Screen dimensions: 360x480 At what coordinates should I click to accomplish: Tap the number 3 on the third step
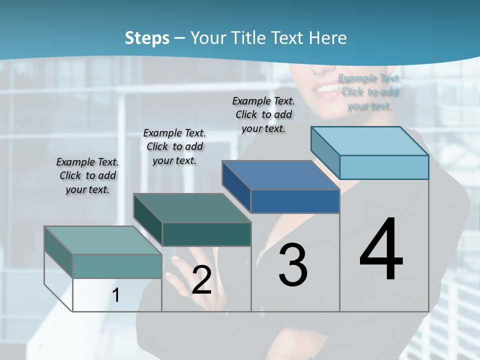pos(293,264)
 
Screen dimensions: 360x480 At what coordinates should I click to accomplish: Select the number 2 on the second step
pos(201,280)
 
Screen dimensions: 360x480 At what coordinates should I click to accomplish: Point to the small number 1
pos(116,295)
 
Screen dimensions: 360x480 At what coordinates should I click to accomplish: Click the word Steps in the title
pos(147,38)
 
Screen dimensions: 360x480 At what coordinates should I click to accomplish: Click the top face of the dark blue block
pos(280,175)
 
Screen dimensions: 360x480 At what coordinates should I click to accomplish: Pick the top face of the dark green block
pos(192,208)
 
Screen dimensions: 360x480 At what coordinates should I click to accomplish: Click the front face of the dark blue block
pos(295,201)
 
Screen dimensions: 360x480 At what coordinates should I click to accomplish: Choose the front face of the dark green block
pos(206,234)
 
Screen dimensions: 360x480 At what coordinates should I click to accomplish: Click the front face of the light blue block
pos(384,167)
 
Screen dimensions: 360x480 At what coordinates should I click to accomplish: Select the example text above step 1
pos(87,175)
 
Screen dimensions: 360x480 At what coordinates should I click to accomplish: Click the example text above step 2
pos(174,146)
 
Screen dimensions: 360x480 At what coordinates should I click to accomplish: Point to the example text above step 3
pos(263,114)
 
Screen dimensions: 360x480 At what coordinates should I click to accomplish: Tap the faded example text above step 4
pos(369,91)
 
